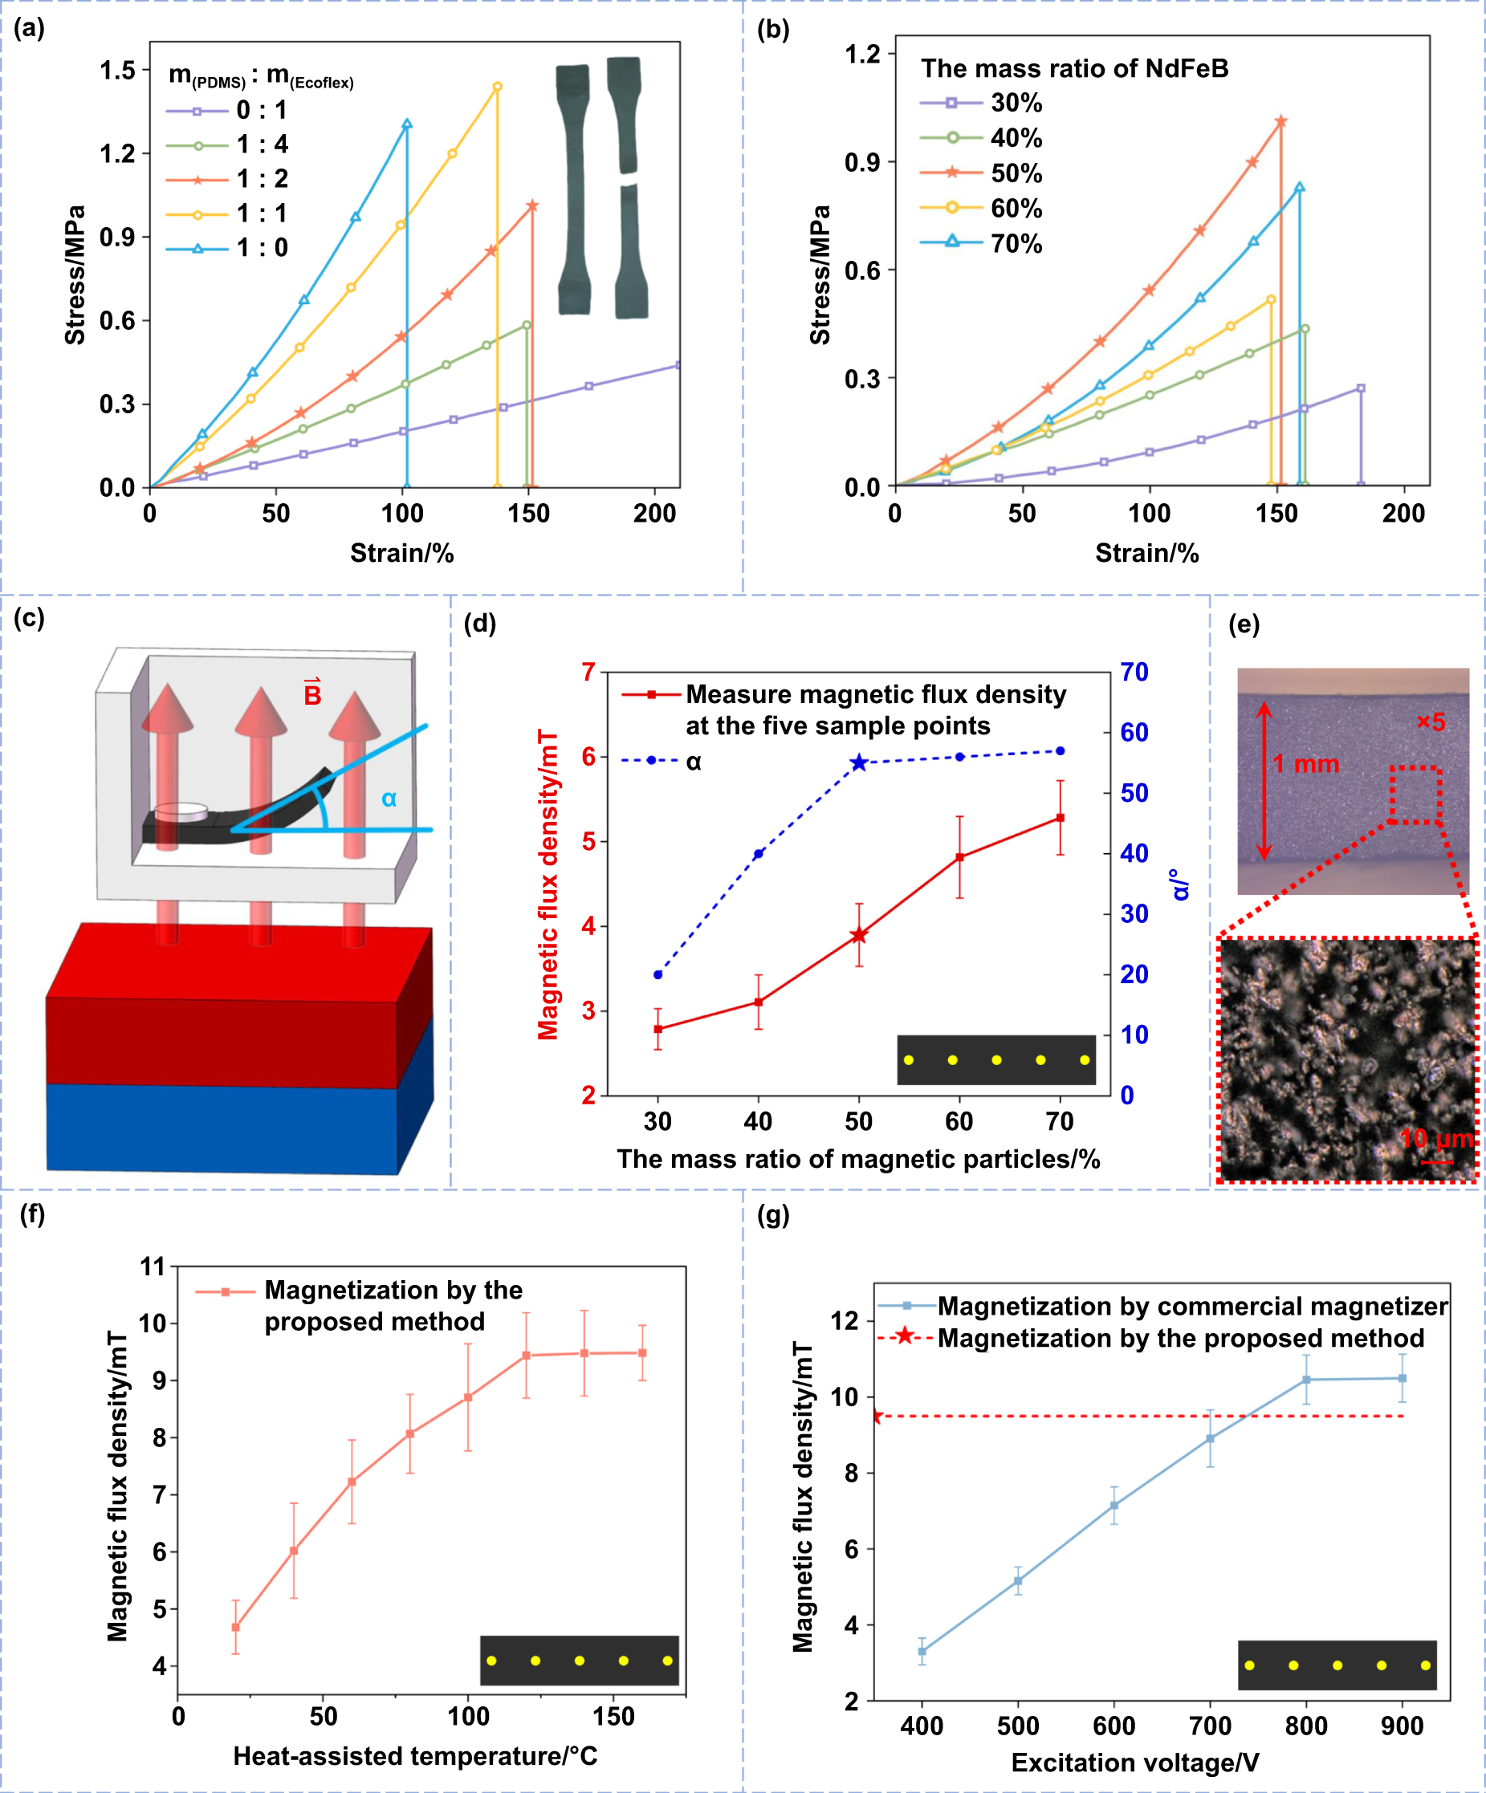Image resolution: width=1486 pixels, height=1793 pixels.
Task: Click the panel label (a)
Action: click(29, 28)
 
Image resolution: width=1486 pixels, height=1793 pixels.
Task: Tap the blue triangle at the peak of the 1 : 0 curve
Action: click(406, 124)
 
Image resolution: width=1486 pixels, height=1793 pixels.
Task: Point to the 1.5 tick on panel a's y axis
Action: click(118, 70)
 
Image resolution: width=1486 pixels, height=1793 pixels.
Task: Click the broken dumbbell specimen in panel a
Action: click(627, 188)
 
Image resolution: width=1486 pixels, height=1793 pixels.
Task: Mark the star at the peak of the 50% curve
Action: click(1280, 121)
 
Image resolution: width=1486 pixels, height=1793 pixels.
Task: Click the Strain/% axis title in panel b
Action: click(1146, 553)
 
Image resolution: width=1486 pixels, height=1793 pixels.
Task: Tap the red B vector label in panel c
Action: click(312, 693)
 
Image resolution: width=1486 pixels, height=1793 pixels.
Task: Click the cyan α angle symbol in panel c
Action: click(389, 799)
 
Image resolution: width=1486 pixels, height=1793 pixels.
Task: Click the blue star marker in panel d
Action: click(859, 762)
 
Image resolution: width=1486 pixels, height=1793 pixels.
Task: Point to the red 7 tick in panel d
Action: click(588, 672)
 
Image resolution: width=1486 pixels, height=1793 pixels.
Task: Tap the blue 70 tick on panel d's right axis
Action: click(1134, 672)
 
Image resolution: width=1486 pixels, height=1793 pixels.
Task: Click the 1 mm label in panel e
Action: click(1306, 763)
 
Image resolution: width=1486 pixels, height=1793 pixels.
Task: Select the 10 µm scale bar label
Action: click(1436, 1138)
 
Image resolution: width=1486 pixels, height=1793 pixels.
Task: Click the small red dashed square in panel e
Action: click(1415, 794)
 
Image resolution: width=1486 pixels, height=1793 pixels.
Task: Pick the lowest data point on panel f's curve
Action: click(236, 1628)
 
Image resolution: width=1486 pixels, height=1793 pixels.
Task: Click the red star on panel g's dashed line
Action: click(876, 1417)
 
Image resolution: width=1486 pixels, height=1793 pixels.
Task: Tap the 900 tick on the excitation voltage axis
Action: click(1402, 1726)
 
